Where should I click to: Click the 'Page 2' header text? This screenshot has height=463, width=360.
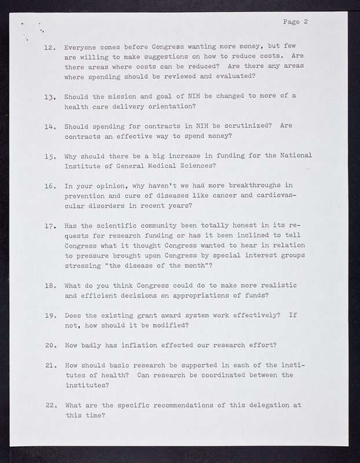295,23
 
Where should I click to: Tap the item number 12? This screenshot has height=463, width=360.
49,47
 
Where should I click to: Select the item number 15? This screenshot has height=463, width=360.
49,156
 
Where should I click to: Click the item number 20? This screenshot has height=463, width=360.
49,346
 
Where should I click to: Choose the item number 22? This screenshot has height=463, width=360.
49,405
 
